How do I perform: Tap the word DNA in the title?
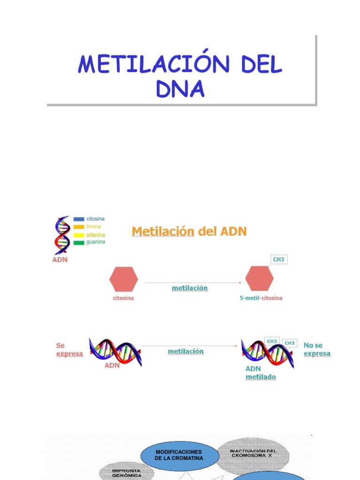180,90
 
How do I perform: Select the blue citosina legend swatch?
79,219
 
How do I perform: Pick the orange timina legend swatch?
79,226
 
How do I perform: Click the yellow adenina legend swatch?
79,235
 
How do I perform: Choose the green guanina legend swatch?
79,242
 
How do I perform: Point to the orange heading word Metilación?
163,231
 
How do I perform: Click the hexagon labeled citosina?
124,279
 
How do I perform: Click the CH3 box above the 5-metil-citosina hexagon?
278,259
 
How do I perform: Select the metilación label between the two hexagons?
190,288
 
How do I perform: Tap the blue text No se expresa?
317,349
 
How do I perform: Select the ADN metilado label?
261,373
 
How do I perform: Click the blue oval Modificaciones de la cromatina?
180,455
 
